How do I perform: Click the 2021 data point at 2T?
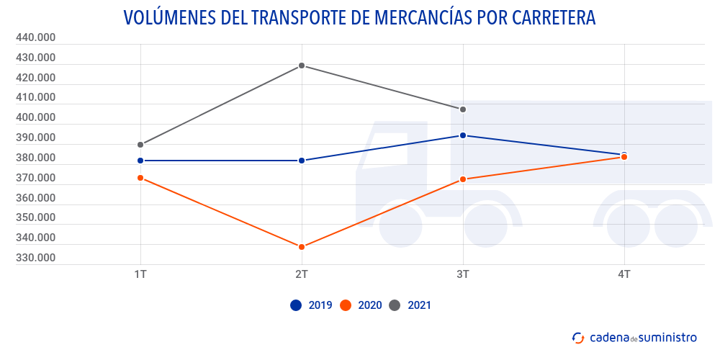point(302,66)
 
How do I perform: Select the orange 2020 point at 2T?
point(302,247)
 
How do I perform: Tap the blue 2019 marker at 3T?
point(463,135)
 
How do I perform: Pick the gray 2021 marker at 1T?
point(140,145)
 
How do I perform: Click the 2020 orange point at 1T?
point(140,178)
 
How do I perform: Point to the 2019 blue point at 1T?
point(140,161)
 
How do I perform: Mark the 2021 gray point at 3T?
point(463,109)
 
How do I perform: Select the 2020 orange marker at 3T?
point(463,179)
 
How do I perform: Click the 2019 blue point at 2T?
point(302,161)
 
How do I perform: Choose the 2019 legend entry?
point(311,305)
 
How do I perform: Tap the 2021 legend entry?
point(410,305)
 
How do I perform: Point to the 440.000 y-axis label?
point(35,37)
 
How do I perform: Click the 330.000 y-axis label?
point(35,258)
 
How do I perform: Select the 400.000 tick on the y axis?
point(35,117)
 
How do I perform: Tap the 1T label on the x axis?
point(140,274)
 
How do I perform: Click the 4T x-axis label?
point(624,274)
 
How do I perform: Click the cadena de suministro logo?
point(634,337)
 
